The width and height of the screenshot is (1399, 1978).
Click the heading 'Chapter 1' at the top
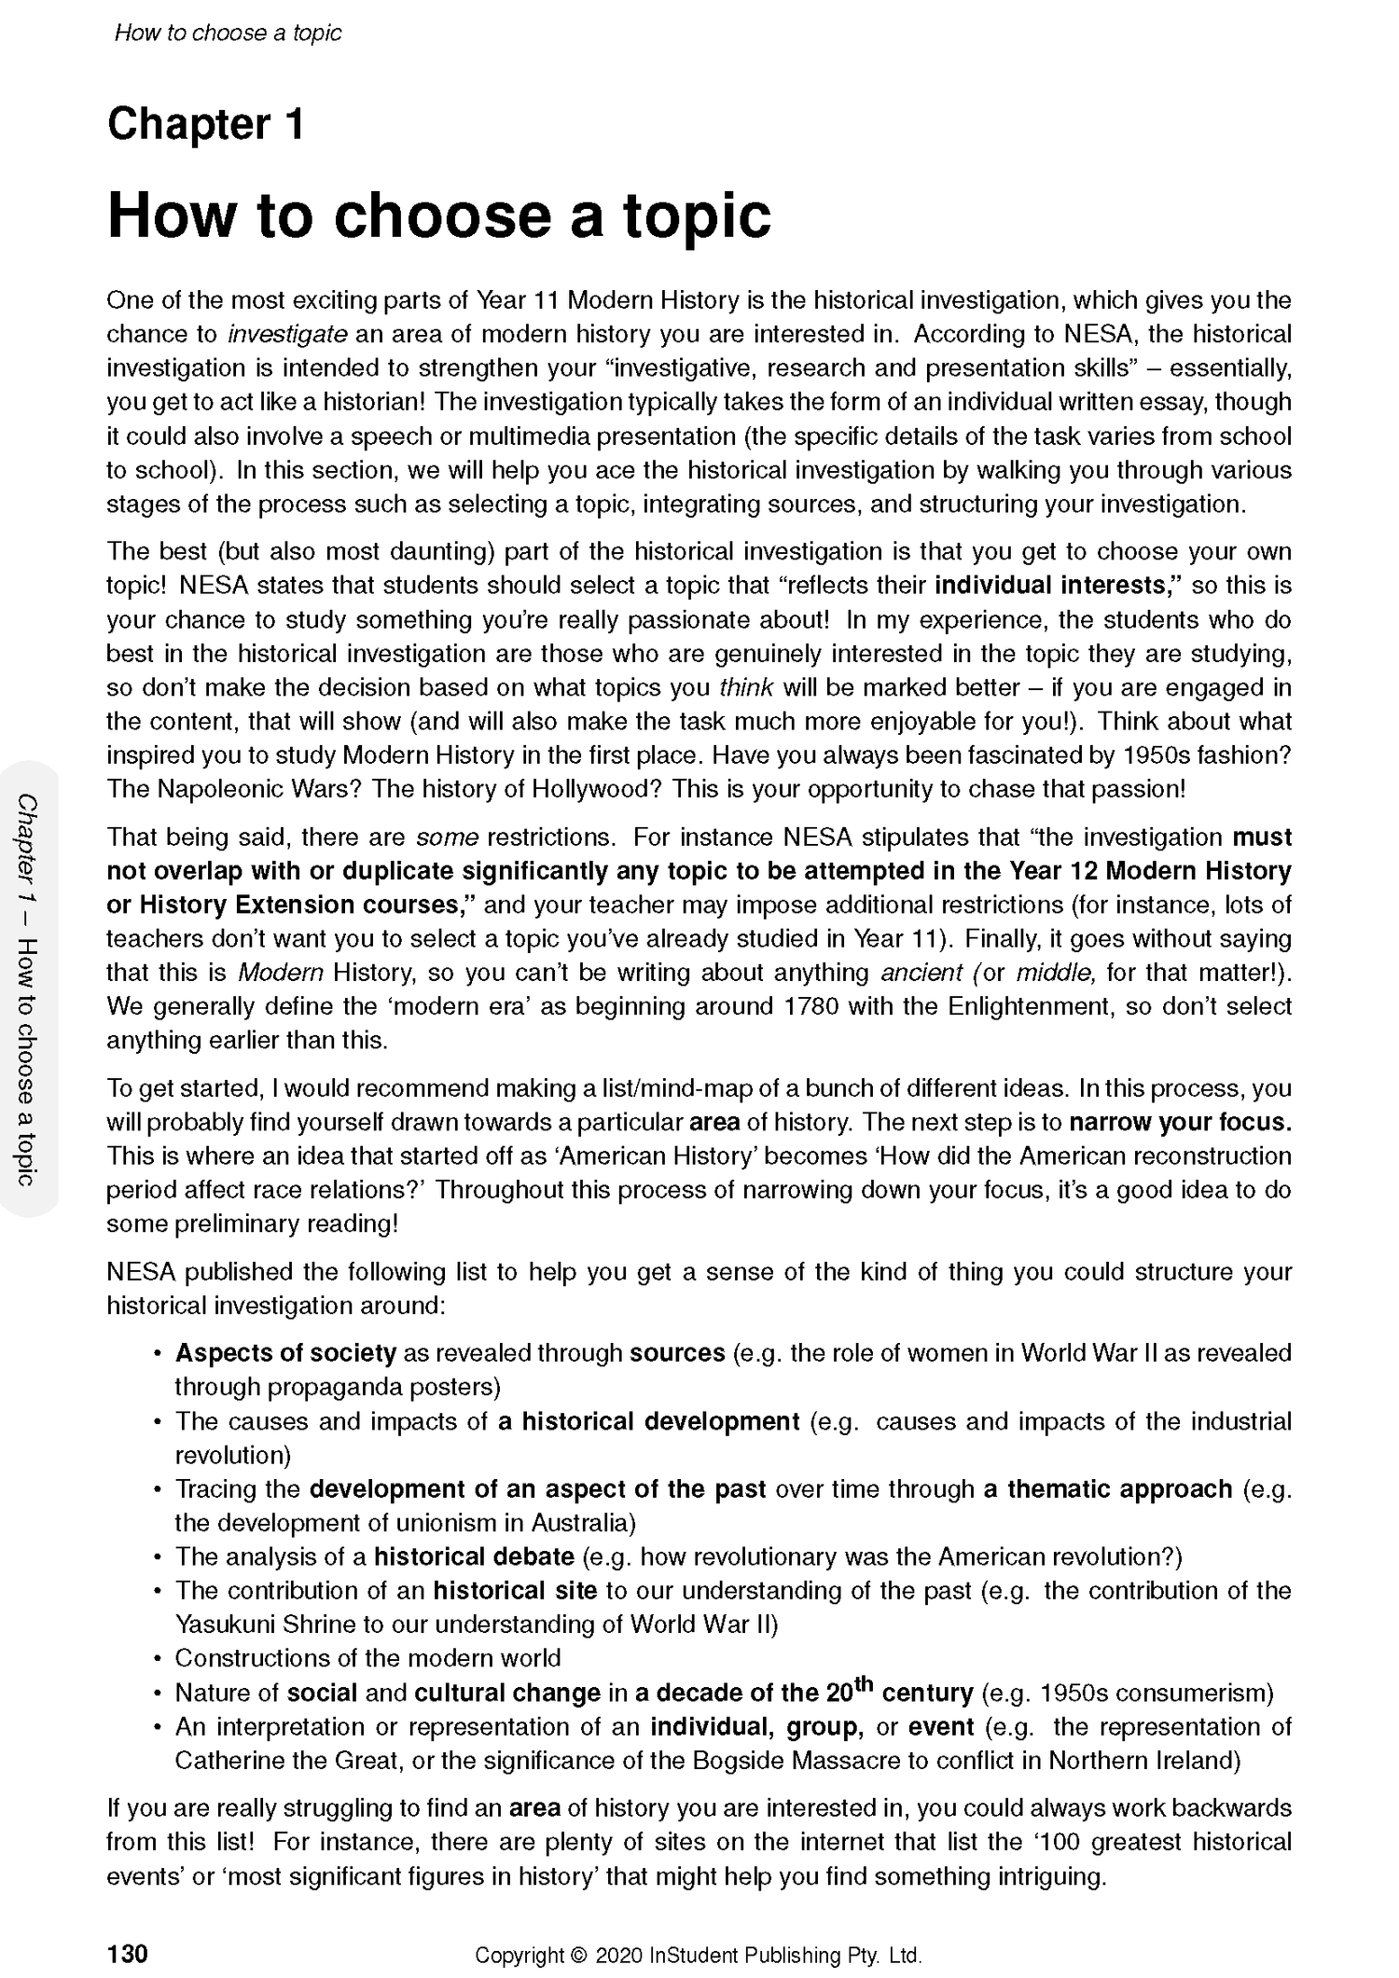[205, 125]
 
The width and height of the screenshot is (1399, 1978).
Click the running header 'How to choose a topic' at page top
[228, 34]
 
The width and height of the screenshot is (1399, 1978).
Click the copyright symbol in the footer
[578, 1929]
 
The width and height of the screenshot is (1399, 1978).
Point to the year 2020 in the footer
[618, 1929]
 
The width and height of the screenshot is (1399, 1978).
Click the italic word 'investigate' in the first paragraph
[287, 334]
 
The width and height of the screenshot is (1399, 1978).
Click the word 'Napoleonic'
[213, 789]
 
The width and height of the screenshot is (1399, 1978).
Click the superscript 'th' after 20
[864, 1684]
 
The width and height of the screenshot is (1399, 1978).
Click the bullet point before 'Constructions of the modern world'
[159, 1659]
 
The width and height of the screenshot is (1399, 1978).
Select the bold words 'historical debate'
[474, 1556]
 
